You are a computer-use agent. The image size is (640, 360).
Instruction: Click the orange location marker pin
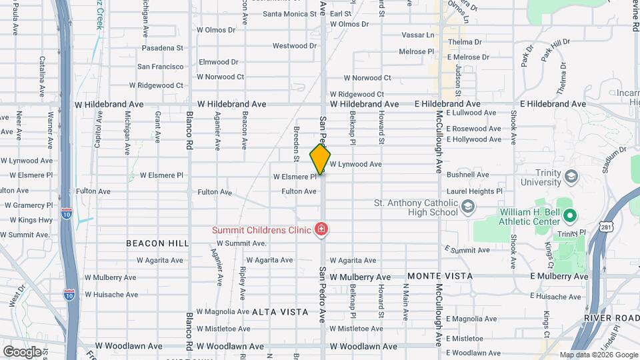pos(320,159)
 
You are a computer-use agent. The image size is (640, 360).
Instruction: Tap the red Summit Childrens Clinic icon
pos(321,230)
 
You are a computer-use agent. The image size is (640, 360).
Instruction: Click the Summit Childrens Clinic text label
pos(261,230)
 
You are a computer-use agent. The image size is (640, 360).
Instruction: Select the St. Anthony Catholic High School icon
pos(468,207)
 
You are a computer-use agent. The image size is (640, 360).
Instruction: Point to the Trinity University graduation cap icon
pos(571,176)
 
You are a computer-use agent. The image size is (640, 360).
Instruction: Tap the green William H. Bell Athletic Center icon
pos(570,215)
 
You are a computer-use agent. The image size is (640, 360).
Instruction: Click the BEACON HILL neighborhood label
pos(157,243)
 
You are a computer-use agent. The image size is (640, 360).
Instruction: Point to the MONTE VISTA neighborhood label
pos(440,276)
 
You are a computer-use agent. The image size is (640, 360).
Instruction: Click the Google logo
pos(22,351)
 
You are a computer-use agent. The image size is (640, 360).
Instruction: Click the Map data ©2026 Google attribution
pos(598,355)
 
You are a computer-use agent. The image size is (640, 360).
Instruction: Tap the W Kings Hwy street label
pos(31,220)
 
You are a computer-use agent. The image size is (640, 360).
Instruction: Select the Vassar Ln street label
pos(417,35)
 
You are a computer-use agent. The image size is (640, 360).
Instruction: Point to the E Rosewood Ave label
pos(473,129)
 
